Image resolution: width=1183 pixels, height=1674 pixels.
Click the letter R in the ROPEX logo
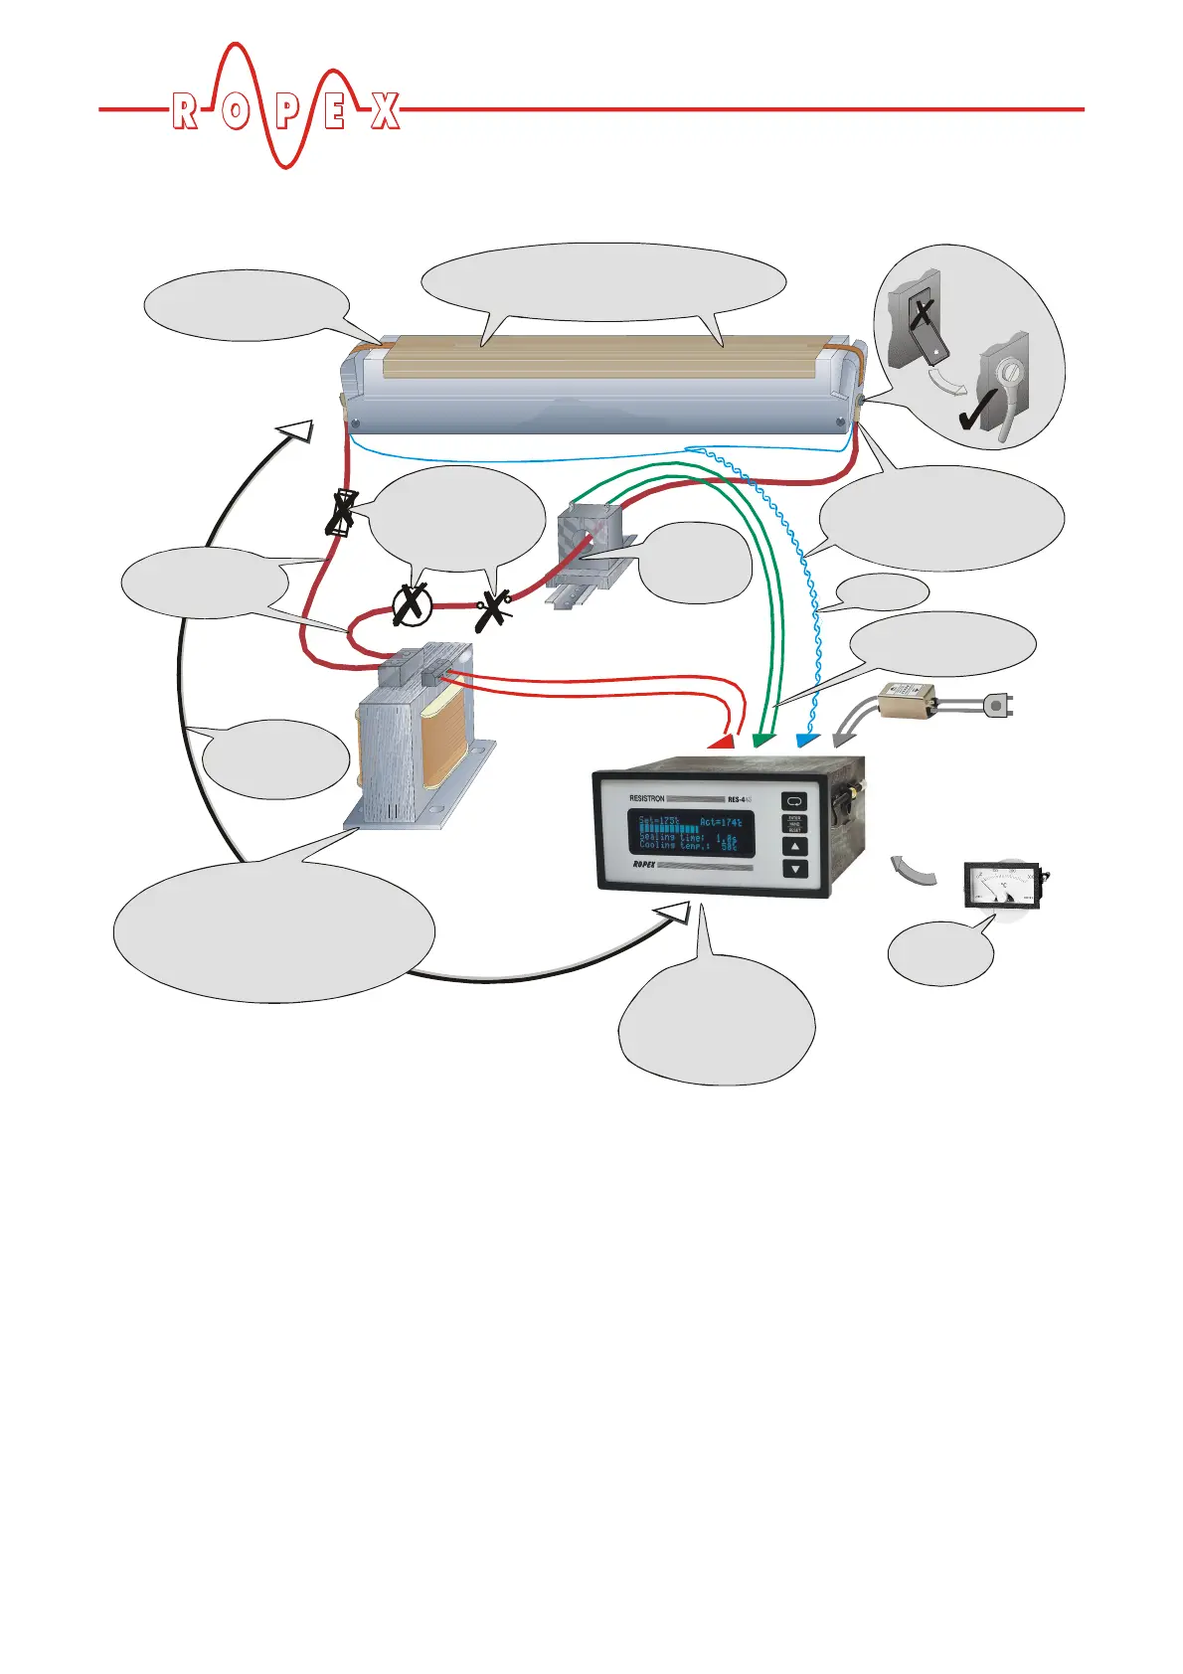pyautogui.click(x=184, y=111)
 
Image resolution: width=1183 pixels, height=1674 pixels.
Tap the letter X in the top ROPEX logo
pyautogui.click(x=386, y=111)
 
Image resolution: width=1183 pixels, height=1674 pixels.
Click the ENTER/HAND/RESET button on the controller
pyautogui.click(x=794, y=824)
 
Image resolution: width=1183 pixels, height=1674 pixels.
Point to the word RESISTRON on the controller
pyautogui.click(x=652, y=798)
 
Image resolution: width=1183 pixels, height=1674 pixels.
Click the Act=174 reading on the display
pyautogui.click(x=720, y=823)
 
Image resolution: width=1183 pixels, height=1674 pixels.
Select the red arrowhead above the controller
pyautogui.click(x=723, y=741)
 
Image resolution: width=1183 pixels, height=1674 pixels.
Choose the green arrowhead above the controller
pyautogui.click(x=763, y=740)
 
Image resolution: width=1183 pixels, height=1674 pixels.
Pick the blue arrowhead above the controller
pyautogui.click(x=806, y=740)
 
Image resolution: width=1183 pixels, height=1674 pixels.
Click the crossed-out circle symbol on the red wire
pyautogui.click(x=409, y=604)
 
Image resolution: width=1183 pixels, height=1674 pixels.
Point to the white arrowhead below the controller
pyautogui.click(x=680, y=911)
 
